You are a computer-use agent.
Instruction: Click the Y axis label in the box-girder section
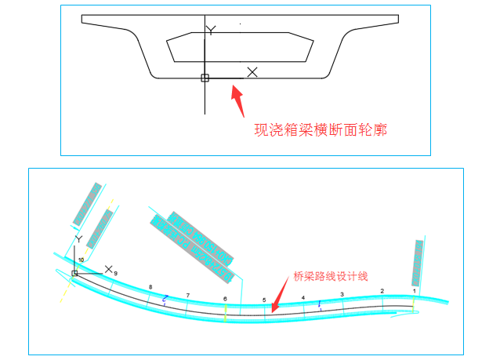pos(209,30)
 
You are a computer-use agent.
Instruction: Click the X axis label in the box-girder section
pos(252,72)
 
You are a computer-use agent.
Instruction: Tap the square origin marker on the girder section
pos(205,78)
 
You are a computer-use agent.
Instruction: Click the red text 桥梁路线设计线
pos(330,276)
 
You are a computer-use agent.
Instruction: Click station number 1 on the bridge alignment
pos(414,290)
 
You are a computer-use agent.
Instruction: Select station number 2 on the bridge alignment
pos(382,291)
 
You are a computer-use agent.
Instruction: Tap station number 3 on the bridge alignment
pos(341,294)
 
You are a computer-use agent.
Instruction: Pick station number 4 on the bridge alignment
pos(303,298)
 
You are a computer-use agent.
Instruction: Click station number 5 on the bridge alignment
pos(264,300)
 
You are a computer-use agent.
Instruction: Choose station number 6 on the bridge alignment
pos(225,299)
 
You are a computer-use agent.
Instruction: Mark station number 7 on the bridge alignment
pos(187,295)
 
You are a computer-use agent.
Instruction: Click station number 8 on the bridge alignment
pos(150,288)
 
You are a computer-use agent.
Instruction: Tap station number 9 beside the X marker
pos(115,273)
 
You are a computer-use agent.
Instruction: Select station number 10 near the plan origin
pos(81,259)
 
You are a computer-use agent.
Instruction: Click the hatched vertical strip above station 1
pos(418,263)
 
